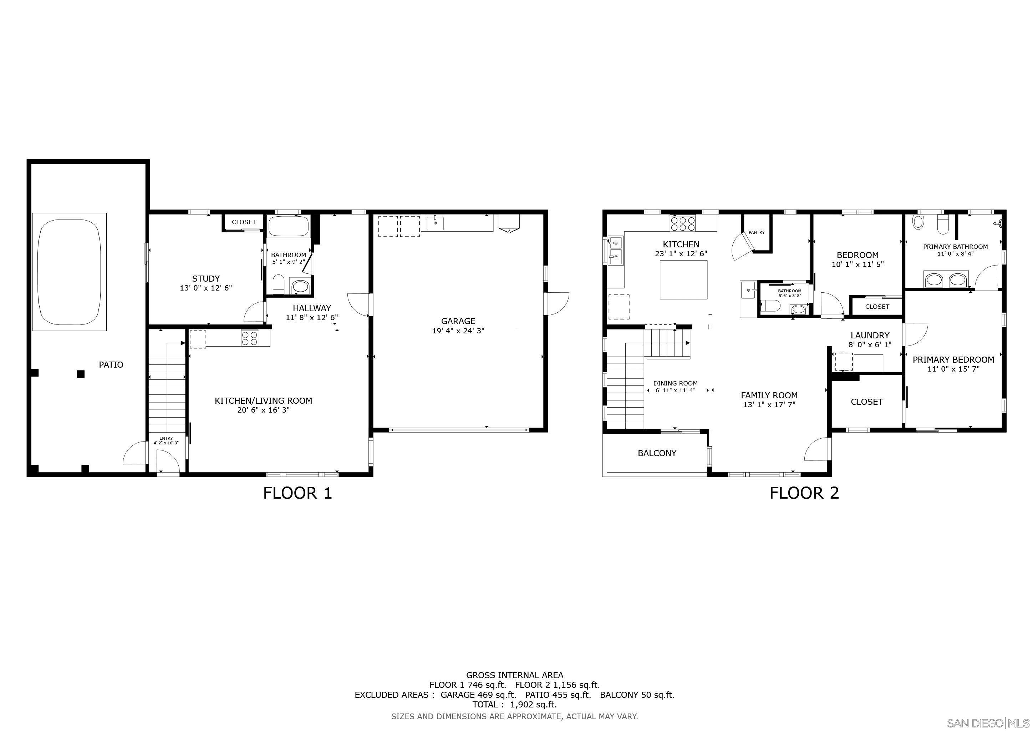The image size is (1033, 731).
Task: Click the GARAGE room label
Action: point(458,321)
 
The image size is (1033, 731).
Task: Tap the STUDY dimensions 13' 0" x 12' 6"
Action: point(205,288)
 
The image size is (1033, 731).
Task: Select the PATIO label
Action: point(111,364)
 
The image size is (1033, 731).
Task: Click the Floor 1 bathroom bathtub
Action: point(289,226)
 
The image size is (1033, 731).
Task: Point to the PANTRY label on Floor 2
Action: point(756,232)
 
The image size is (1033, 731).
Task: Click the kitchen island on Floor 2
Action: point(683,279)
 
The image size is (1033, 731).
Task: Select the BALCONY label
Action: point(657,453)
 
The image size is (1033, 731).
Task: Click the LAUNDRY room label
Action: point(870,336)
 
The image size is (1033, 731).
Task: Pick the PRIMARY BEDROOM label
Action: point(953,360)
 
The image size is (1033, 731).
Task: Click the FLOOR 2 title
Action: point(804,493)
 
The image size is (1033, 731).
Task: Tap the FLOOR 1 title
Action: point(297,493)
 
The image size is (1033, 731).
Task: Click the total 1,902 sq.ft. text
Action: point(514,705)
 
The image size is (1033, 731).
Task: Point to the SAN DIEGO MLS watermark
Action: point(988,723)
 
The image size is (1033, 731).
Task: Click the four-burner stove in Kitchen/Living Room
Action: point(249,338)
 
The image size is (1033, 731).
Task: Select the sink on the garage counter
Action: point(435,222)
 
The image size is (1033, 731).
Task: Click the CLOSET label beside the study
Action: point(243,222)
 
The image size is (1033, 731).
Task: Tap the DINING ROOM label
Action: point(675,383)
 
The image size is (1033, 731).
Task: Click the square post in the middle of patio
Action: point(81,374)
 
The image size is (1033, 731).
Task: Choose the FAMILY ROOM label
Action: point(769,395)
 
